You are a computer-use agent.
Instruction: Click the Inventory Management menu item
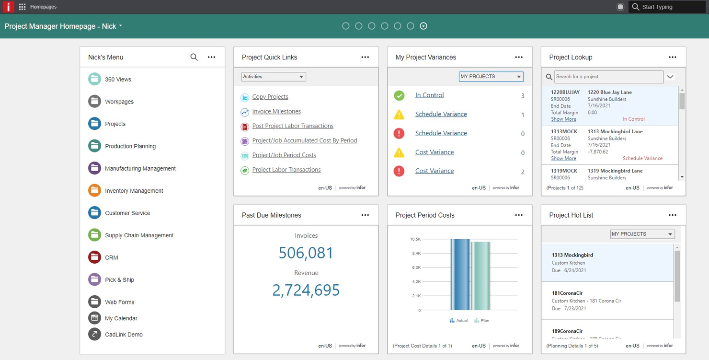(134, 191)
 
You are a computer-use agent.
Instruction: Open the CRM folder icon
(94, 257)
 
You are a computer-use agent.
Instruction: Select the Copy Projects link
(270, 97)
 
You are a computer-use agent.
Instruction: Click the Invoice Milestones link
(276, 111)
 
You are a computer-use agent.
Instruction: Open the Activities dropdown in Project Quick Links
(274, 77)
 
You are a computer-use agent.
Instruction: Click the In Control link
(429, 95)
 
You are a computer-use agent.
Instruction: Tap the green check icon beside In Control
(399, 95)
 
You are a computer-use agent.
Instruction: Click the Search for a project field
(608, 77)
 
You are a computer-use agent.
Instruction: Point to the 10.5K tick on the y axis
(415, 239)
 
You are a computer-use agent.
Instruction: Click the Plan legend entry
(482, 321)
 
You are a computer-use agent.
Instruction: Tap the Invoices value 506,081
(306, 253)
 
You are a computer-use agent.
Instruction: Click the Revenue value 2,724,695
(306, 290)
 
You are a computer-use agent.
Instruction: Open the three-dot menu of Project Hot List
(673, 215)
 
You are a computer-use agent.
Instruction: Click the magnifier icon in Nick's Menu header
(194, 57)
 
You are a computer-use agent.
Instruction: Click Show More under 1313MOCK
(563, 159)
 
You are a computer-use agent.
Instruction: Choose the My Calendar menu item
(121, 318)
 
